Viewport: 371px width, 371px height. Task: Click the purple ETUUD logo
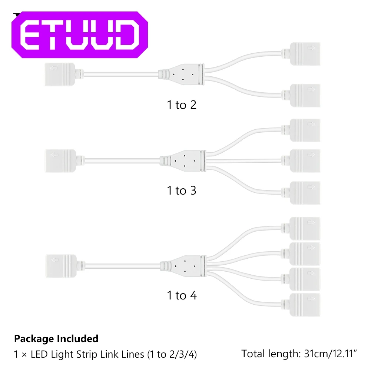(79, 35)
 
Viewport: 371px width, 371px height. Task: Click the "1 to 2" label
(181, 105)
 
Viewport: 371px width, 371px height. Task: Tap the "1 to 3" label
(181, 191)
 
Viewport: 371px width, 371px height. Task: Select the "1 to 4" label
(181, 295)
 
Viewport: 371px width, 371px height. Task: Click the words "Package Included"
(56, 338)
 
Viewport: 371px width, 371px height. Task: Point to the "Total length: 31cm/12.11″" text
(299, 354)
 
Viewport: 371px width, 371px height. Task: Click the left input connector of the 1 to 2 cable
(60, 70)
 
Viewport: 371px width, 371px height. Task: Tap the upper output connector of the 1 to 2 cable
(304, 53)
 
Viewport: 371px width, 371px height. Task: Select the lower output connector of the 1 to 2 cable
(304, 95)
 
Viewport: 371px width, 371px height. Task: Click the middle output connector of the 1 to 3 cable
(304, 160)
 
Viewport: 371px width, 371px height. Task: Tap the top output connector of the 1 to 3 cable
(304, 130)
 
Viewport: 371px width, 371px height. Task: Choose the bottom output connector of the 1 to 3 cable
(304, 192)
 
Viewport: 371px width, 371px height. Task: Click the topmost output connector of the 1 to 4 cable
(304, 228)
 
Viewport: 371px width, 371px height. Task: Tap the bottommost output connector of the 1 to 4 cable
(304, 304)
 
